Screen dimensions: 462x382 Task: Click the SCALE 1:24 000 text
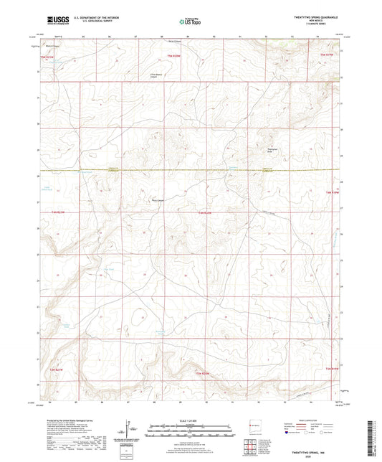(x=190, y=421)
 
